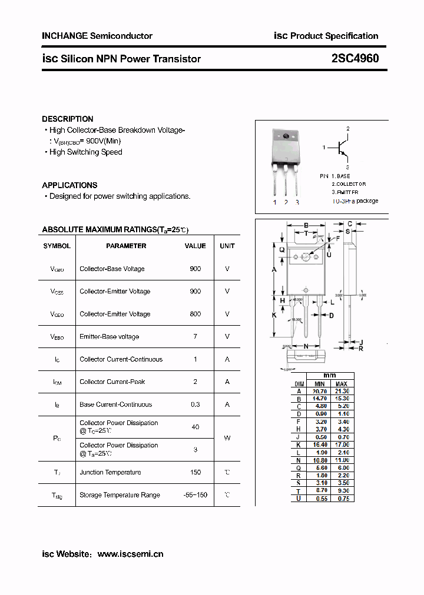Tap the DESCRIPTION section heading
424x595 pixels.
click(x=67, y=119)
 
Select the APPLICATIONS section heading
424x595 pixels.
click(x=69, y=185)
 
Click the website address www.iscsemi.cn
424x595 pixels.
click(x=130, y=554)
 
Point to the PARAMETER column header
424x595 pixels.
click(x=126, y=246)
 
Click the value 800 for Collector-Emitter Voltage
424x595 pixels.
click(x=196, y=314)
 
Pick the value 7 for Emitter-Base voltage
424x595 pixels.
click(x=196, y=336)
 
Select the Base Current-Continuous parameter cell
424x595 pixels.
click(x=115, y=405)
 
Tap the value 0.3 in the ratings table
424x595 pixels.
click(x=196, y=405)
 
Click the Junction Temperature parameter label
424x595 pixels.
click(x=110, y=472)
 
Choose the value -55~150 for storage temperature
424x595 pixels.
click(x=196, y=495)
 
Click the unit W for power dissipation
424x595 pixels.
click(x=227, y=438)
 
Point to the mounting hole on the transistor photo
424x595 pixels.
click(x=286, y=137)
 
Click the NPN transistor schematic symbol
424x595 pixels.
click(x=342, y=148)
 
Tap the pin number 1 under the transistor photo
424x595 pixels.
click(x=274, y=203)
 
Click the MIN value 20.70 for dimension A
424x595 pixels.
click(x=319, y=391)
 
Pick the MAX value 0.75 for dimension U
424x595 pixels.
click(x=343, y=499)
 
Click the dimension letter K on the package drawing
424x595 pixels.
click(x=274, y=315)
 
